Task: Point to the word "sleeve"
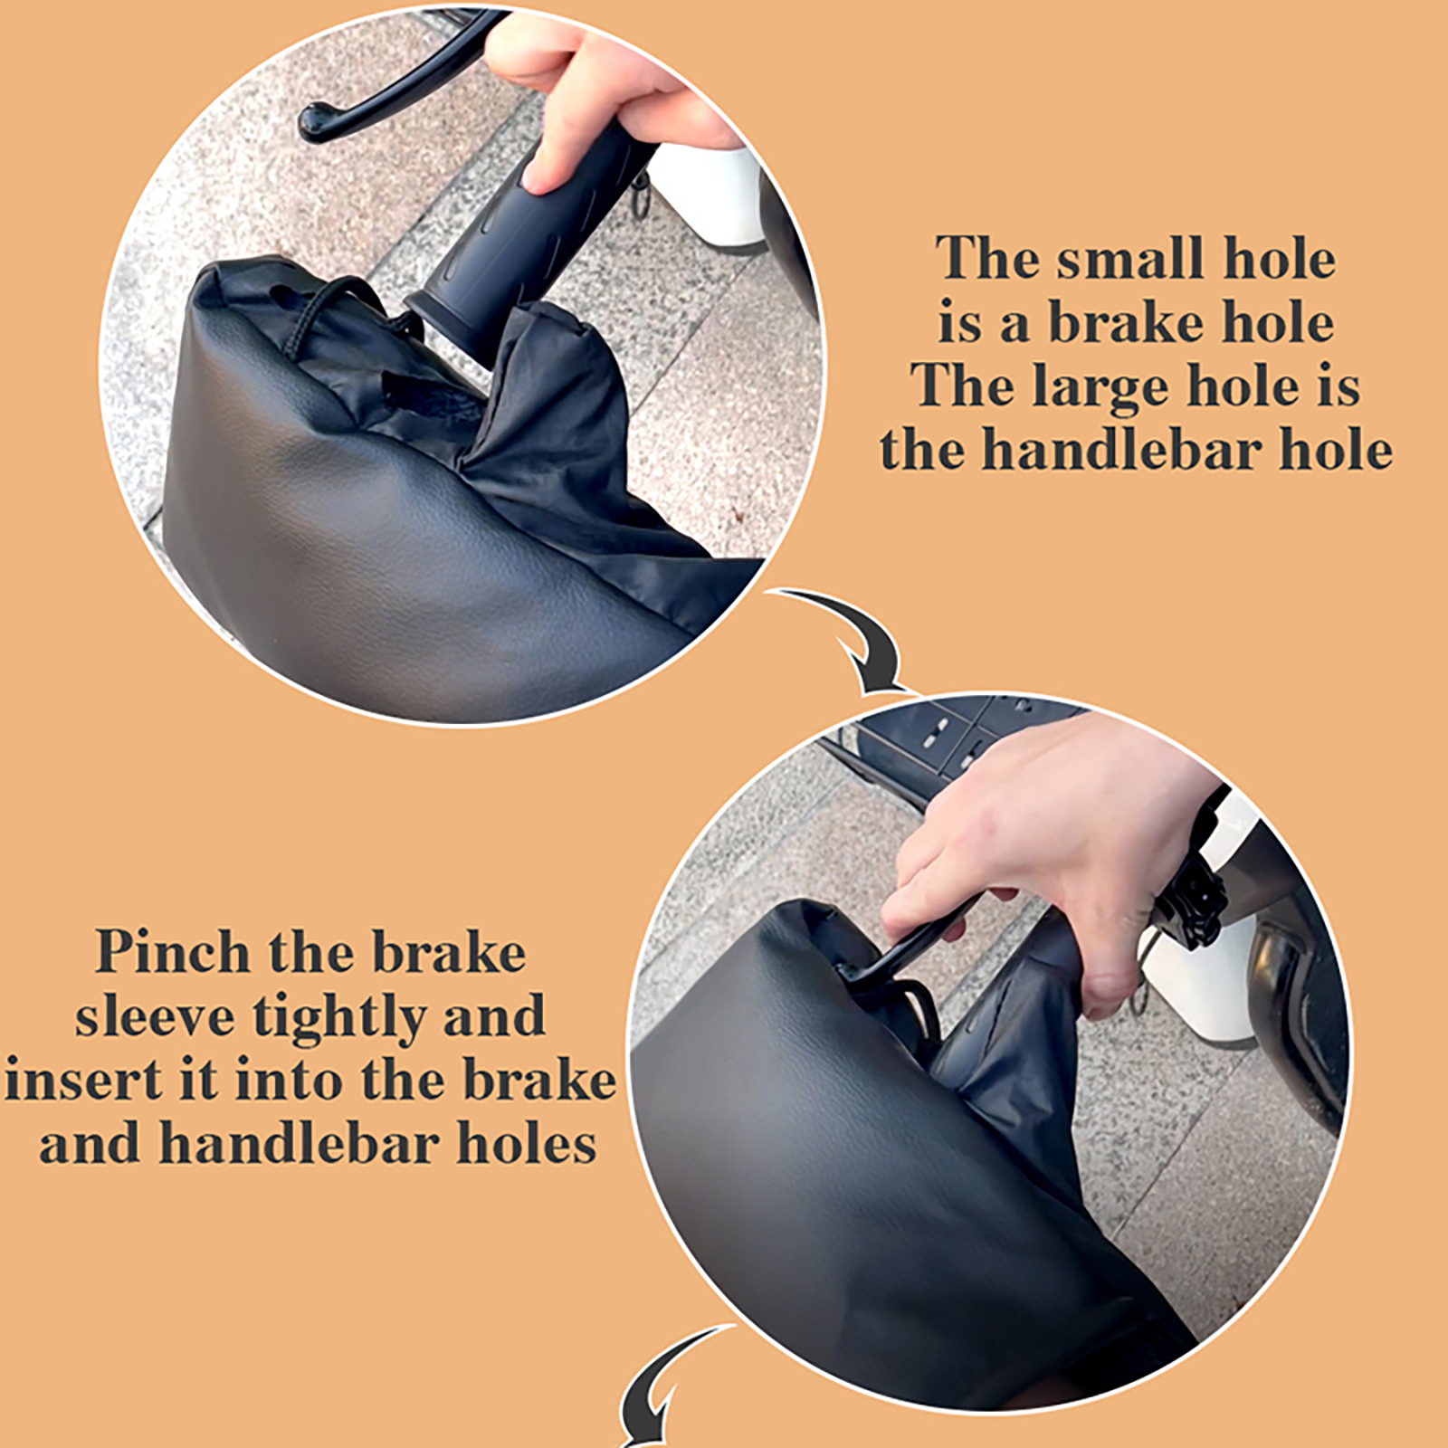156,1017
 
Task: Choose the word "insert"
80,1081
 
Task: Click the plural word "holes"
526,1143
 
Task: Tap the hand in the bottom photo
1059,860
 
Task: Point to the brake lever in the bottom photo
914,946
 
